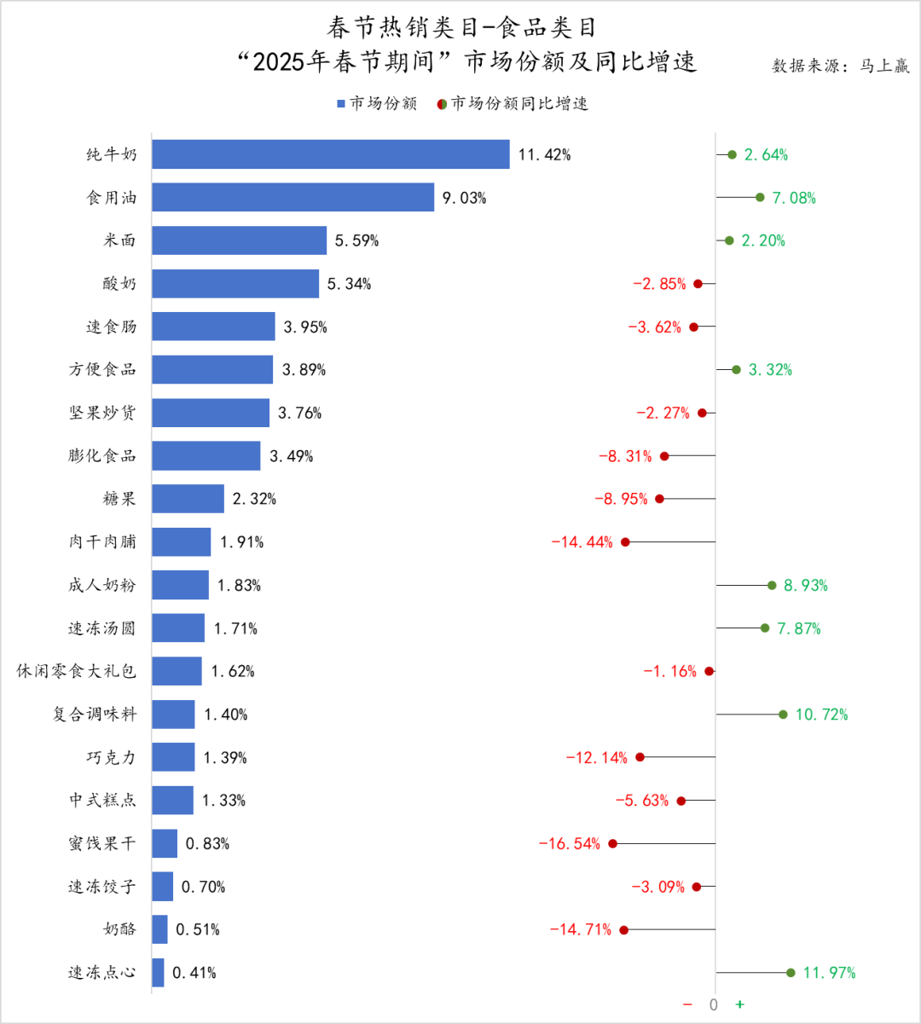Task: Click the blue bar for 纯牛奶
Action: tap(331, 154)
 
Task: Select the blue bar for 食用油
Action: tap(293, 198)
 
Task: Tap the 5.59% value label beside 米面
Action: tap(356, 240)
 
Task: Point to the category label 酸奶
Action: tap(119, 283)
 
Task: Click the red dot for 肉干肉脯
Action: tap(625, 542)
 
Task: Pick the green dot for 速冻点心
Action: tap(791, 973)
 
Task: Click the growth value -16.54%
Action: tap(570, 844)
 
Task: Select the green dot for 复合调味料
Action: tap(783, 714)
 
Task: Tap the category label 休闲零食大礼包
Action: tap(77, 671)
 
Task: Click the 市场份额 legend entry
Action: tap(377, 104)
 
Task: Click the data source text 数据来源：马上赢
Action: tap(841, 66)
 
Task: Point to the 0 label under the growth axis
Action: tap(714, 1004)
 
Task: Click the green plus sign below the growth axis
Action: tap(739, 1004)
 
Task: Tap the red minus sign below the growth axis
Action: tap(687, 1004)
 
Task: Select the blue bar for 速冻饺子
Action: tap(163, 887)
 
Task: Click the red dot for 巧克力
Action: tap(640, 757)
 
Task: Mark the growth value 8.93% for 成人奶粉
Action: tap(806, 586)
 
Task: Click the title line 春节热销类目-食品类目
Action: tap(461, 27)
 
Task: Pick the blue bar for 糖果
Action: tap(188, 499)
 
